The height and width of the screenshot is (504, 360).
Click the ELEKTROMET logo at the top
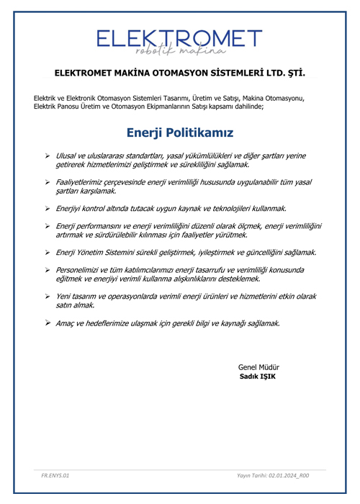pos(179,37)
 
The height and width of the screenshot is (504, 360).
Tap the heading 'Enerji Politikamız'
pos(179,132)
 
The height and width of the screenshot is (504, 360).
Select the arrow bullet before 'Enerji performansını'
pos(47,226)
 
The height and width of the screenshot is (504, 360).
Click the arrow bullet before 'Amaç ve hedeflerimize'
pos(47,323)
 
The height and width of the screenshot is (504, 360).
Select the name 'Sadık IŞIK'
pos(258,377)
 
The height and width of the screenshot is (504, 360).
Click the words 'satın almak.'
pos(76,306)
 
